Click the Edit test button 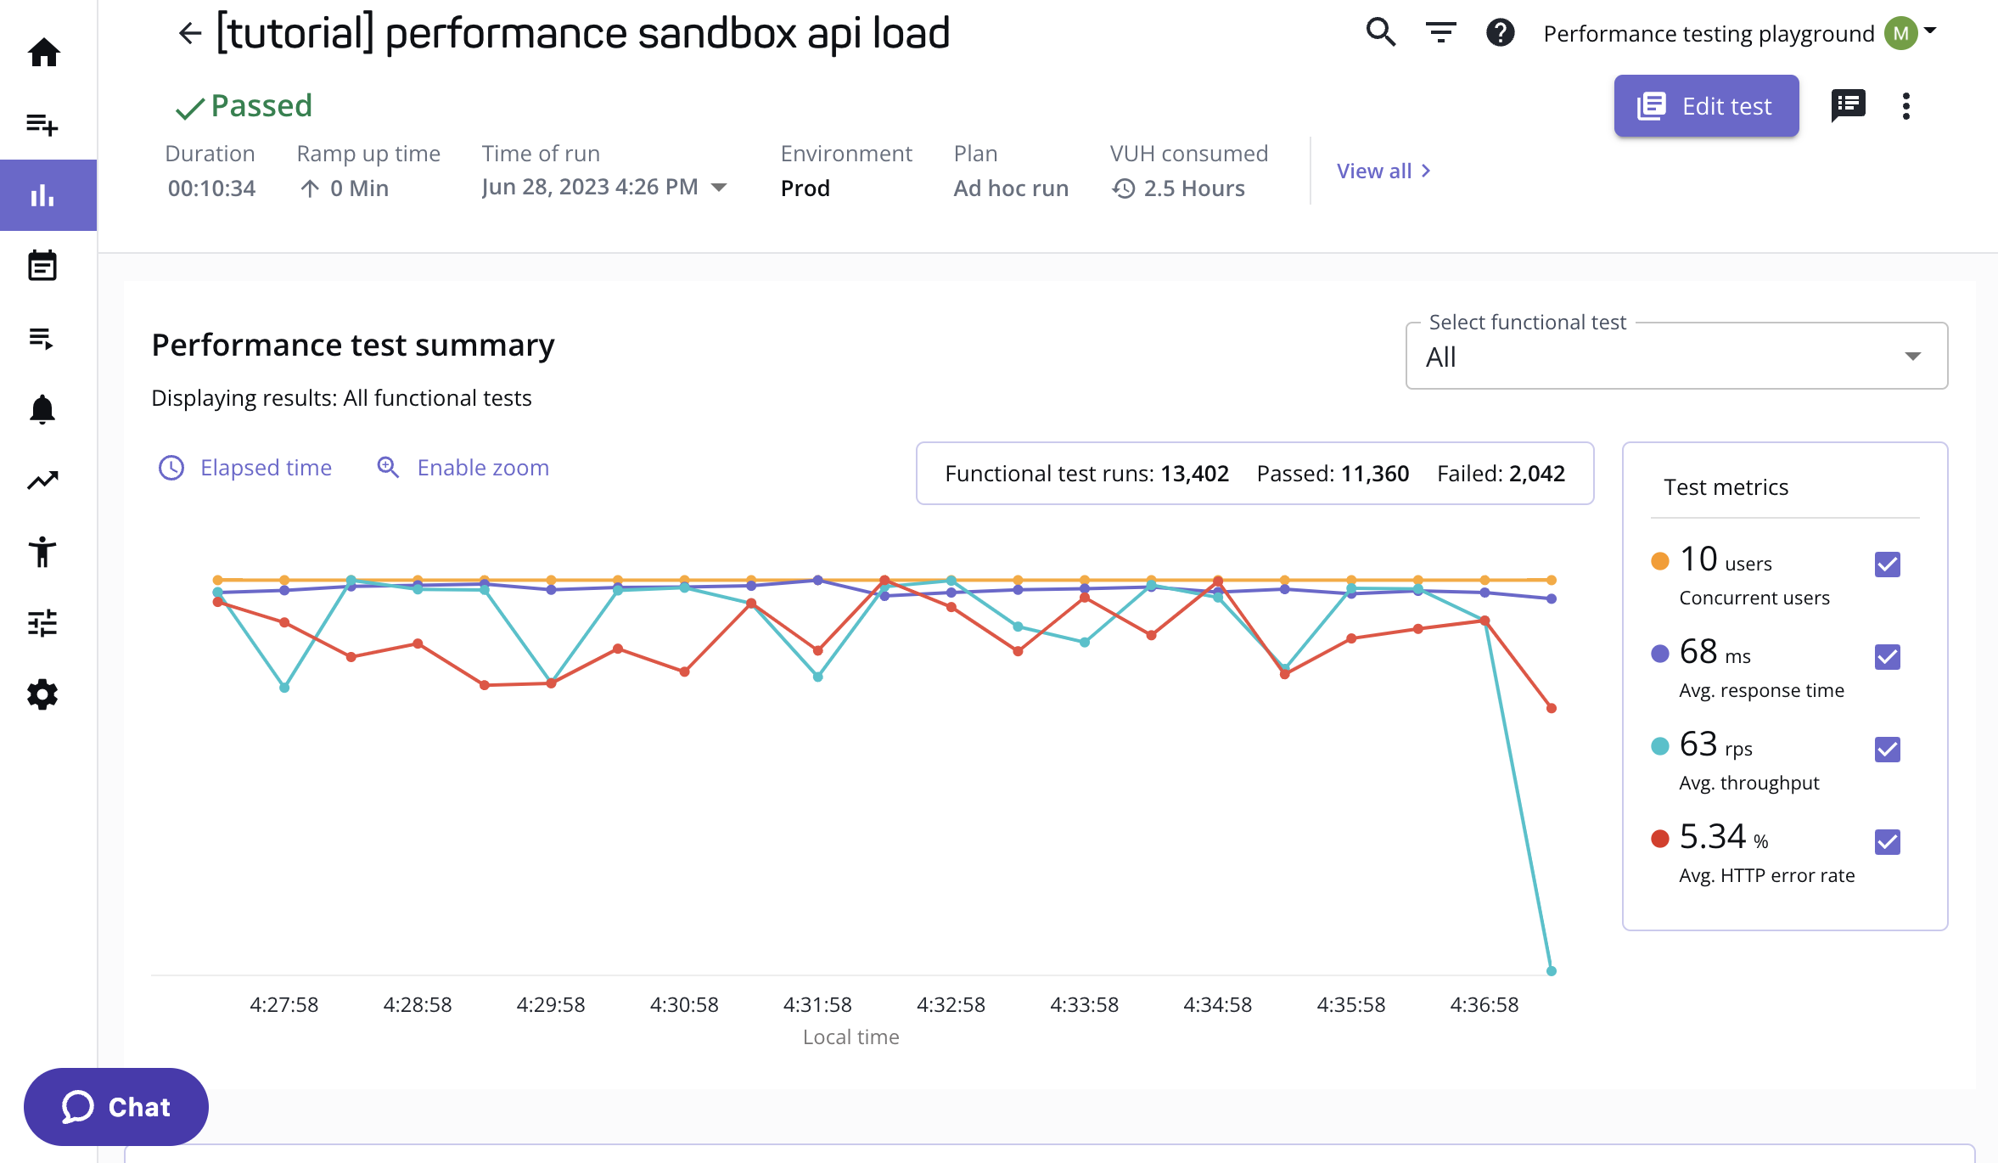(x=1706, y=106)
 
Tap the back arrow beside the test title (x=189, y=34)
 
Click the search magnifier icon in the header (x=1380, y=33)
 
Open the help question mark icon (x=1500, y=33)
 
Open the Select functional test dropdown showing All (x=1675, y=357)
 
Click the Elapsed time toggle (x=245, y=468)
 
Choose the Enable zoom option (x=463, y=468)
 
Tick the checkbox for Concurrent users (x=1887, y=565)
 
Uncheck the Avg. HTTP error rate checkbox (x=1887, y=842)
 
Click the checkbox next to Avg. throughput (x=1887, y=750)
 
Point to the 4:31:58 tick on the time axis (x=817, y=1005)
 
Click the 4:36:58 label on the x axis (x=1484, y=1005)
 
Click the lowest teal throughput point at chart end (x=1551, y=970)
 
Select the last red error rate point (x=1551, y=708)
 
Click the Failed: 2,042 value (x=1500, y=474)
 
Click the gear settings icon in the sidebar (x=42, y=694)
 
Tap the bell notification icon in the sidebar (x=42, y=410)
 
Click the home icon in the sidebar (x=43, y=53)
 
